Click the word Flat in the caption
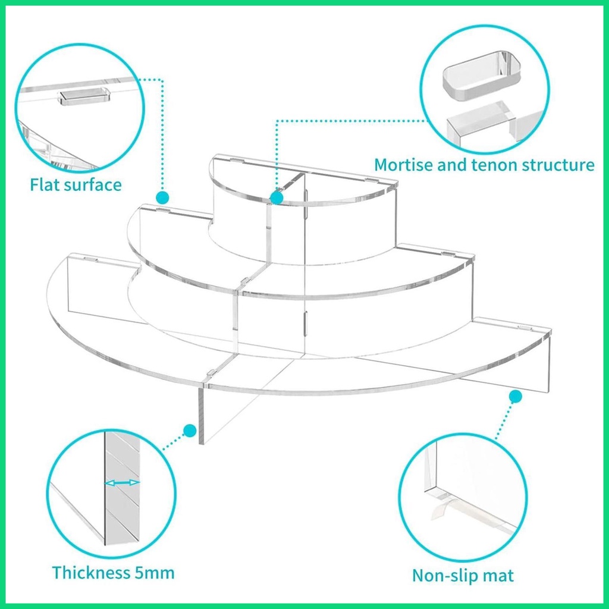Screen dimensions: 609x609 point(45,184)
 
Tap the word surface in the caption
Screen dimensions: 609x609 point(92,184)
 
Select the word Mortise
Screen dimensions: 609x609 point(404,165)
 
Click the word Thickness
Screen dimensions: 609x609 point(91,573)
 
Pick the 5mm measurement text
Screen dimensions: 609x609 point(155,573)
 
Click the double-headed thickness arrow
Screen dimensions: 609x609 point(123,483)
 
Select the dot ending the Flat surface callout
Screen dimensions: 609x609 point(162,197)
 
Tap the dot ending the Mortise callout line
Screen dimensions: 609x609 point(277,197)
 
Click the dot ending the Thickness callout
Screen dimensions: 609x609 point(190,431)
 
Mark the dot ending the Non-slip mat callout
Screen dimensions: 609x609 point(516,396)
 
